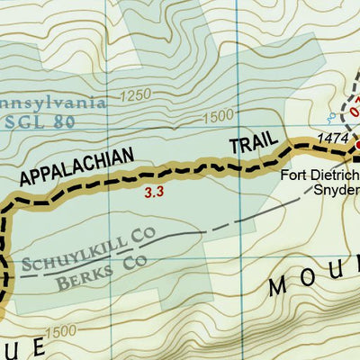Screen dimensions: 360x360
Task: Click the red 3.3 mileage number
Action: (154, 192)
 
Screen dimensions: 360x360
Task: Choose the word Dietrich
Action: (335, 174)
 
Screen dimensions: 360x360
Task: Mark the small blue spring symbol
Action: (331, 117)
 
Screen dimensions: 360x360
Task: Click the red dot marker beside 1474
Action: (355, 144)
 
